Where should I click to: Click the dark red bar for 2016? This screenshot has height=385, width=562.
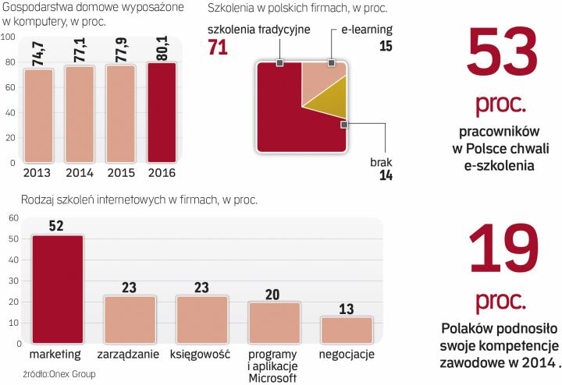point(162,112)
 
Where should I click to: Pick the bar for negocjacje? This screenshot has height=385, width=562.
point(347,331)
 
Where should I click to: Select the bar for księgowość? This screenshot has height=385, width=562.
point(201,320)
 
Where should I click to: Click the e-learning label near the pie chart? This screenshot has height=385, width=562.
point(367,30)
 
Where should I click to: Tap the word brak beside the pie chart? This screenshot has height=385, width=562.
point(380,162)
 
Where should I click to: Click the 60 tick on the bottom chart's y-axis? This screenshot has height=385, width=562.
point(13,219)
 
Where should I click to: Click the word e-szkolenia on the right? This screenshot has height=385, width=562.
point(500,164)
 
